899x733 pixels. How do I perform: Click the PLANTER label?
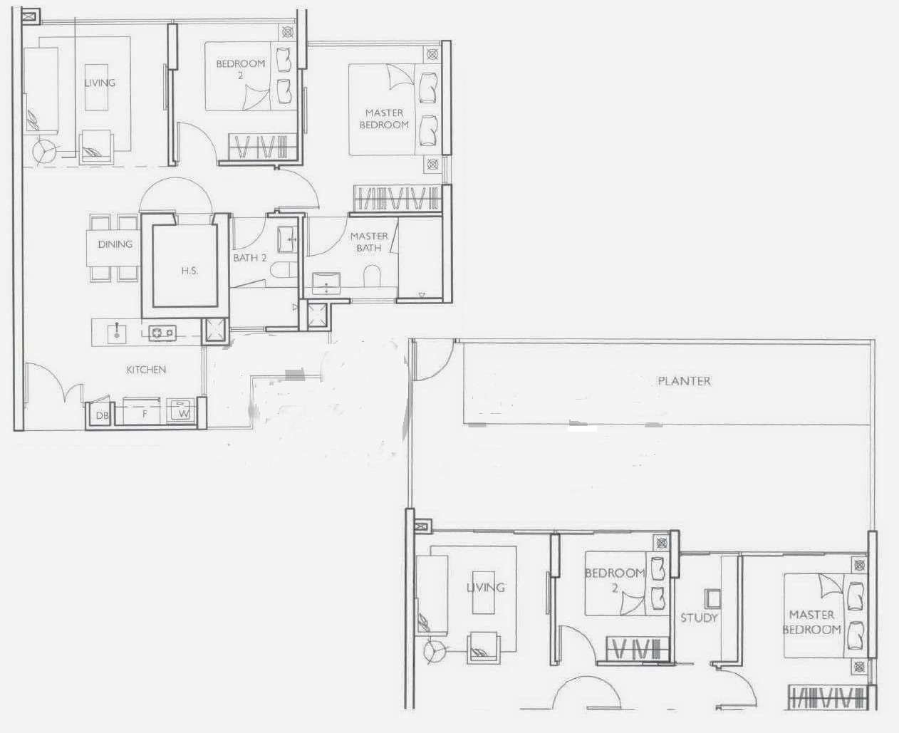[x=684, y=381]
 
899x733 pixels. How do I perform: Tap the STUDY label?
[x=699, y=618]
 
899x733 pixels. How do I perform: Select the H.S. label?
[x=189, y=271]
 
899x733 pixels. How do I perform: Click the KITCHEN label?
[x=146, y=370]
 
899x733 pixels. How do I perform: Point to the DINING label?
[x=115, y=244]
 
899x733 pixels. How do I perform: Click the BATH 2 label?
[x=250, y=258]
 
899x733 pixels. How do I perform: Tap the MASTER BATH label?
[x=369, y=241]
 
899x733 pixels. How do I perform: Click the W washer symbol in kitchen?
[x=182, y=410]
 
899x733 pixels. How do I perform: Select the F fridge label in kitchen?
[x=145, y=414]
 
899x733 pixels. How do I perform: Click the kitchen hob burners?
[x=162, y=333]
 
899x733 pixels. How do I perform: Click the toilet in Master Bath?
[x=372, y=276]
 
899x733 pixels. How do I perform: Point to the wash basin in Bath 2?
[x=288, y=239]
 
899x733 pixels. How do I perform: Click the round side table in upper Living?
[x=44, y=150]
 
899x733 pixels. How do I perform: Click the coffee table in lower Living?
[x=484, y=593]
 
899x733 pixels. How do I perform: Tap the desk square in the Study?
[x=712, y=599]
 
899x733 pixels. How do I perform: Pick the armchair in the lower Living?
[x=484, y=648]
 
